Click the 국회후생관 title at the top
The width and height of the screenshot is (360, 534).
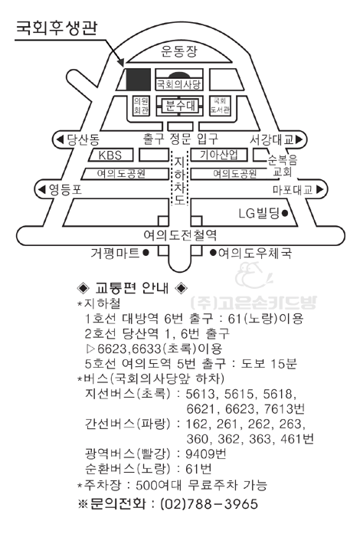click(x=57, y=28)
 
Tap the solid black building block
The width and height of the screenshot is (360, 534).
click(x=139, y=80)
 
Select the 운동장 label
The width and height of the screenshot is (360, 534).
click(x=179, y=51)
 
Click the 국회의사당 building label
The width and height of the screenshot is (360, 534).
click(x=178, y=84)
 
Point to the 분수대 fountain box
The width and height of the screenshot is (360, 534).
click(x=180, y=106)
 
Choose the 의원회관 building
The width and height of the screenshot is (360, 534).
click(x=141, y=106)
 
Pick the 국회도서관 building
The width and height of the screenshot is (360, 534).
click(x=220, y=106)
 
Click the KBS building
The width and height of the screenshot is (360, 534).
click(x=110, y=155)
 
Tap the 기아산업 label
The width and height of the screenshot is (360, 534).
click(x=218, y=155)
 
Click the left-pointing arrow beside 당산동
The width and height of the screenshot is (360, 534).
click(x=60, y=139)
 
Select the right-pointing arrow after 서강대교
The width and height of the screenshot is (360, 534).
click(x=299, y=139)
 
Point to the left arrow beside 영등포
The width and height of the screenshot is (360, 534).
click(x=42, y=189)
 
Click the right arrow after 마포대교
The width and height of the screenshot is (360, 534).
click(x=319, y=189)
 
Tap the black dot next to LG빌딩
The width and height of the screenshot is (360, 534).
click(x=285, y=214)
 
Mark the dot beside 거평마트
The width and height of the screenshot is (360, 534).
click(x=146, y=253)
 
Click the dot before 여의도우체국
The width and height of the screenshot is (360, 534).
click(x=213, y=253)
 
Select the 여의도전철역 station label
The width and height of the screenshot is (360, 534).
click(x=180, y=235)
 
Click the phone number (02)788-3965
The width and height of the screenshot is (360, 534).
click(x=209, y=504)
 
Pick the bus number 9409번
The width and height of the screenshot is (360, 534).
click(x=206, y=454)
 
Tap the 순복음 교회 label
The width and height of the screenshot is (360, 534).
click(x=283, y=165)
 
